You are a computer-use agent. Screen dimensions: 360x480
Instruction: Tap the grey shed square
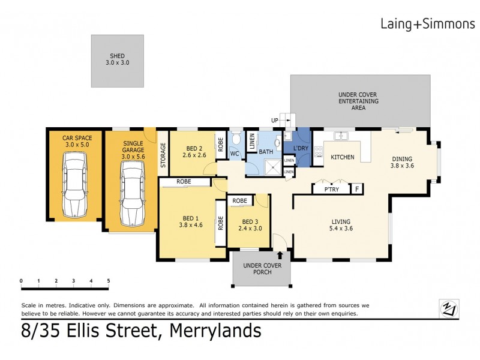pyautogui.click(x=118, y=61)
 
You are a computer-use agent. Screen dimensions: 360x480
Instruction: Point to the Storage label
pyautogui.click(x=163, y=155)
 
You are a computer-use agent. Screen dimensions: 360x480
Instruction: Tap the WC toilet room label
pyautogui.click(x=235, y=154)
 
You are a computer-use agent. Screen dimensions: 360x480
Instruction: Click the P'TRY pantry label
pyautogui.click(x=331, y=190)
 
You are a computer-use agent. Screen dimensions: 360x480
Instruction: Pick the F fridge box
pyautogui.click(x=357, y=190)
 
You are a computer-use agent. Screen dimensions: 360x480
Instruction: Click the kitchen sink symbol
pyautogui.click(x=343, y=135)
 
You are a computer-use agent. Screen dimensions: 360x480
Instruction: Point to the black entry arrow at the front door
pyautogui.click(x=280, y=255)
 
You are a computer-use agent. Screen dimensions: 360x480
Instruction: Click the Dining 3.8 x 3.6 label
pyautogui.click(x=402, y=161)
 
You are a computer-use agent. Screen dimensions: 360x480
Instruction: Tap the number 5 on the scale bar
pyautogui.click(x=109, y=280)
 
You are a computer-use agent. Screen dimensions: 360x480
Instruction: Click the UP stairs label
pyautogui.click(x=275, y=121)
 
